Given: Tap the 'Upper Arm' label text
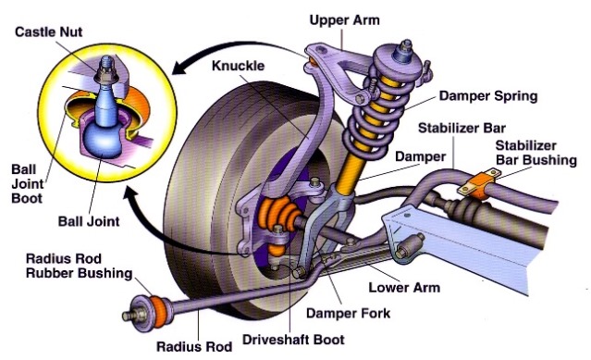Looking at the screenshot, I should coord(344,19).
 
